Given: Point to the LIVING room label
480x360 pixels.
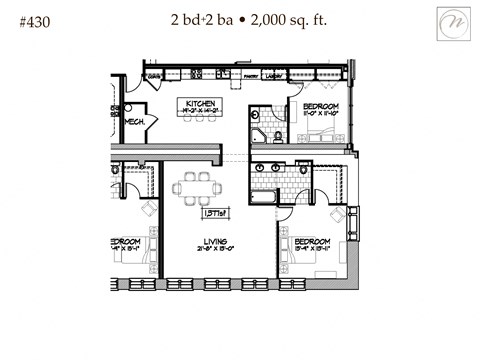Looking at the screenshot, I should tap(212, 241).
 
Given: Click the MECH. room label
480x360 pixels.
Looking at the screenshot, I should tap(136, 121).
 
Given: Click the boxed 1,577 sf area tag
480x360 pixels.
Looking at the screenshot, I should tap(214, 212).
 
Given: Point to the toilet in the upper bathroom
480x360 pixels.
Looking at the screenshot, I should tap(278, 138).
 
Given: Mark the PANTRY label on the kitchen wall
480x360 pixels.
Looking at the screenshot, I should tap(251, 76).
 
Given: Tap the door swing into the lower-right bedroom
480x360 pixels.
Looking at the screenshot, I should tap(286, 214).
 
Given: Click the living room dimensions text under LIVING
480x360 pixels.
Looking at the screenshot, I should tap(212, 250).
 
